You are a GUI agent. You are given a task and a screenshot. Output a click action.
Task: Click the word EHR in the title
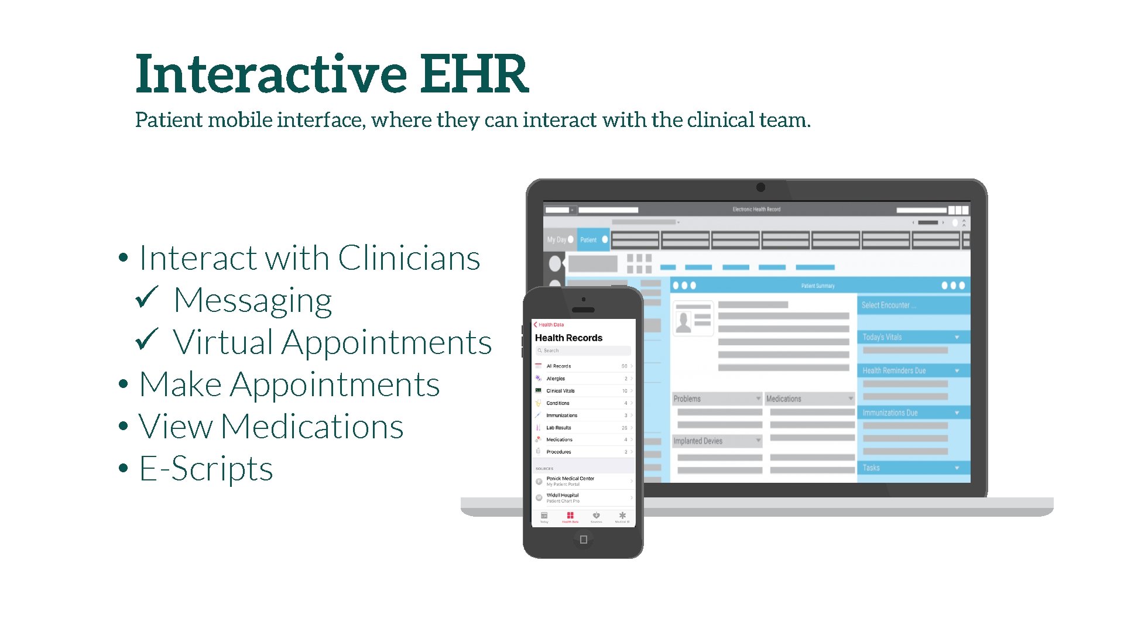pos(474,74)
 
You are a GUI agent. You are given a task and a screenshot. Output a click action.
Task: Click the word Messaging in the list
pos(253,301)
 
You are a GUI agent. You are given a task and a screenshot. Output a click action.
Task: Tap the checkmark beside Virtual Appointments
pos(146,339)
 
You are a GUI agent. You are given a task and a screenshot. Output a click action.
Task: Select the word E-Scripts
pos(206,469)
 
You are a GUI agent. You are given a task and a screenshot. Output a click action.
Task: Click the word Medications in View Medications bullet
pos(312,427)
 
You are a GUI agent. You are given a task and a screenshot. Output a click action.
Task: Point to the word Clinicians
pos(409,258)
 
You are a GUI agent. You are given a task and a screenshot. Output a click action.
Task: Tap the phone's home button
pos(583,540)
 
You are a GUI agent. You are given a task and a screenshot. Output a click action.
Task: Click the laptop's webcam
pos(760,187)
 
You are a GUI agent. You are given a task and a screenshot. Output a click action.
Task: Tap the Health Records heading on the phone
pos(568,338)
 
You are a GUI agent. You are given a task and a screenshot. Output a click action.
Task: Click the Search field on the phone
pos(583,351)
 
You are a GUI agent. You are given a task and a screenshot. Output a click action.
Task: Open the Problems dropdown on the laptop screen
pos(717,399)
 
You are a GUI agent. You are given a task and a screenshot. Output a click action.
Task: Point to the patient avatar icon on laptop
pos(683,322)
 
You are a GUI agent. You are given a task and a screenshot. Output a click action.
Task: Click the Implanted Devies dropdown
pos(717,441)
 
